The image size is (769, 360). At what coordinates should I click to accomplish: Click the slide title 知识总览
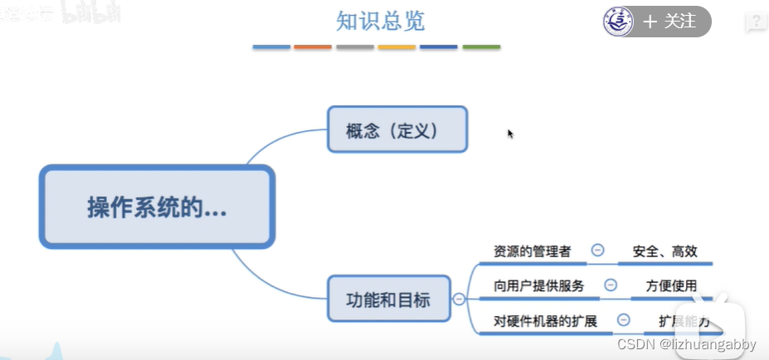click(x=381, y=21)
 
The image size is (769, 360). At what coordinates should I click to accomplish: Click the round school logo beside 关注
click(x=618, y=22)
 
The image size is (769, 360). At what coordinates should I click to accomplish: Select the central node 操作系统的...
click(x=157, y=207)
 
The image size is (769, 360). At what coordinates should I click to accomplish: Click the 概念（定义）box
click(x=397, y=129)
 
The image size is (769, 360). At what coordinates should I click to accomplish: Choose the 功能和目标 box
click(x=388, y=299)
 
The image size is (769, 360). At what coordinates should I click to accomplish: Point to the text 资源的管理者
click(x=532, y=251)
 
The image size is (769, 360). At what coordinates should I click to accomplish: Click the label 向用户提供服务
click(x=538, y=285)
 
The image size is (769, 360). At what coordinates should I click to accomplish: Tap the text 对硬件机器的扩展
click(x=545, y=320)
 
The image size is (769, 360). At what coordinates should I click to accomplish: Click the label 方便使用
click(x=671, y=285)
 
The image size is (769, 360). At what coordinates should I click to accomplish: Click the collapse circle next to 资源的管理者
click(x=597, y=250)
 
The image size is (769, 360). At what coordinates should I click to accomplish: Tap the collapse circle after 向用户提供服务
click(x=611, y=285)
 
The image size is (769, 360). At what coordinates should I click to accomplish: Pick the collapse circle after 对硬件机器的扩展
click(x=624, y=319)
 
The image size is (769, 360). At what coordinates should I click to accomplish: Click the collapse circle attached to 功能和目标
click(x=459, y=299)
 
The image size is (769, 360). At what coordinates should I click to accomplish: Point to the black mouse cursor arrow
click(x=510, y=133)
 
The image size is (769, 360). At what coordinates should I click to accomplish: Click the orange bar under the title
click(x=313, y=47)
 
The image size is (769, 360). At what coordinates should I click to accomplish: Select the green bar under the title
click(x=481, y=47)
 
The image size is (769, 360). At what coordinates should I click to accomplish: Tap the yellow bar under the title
click(x=397, y=47)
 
